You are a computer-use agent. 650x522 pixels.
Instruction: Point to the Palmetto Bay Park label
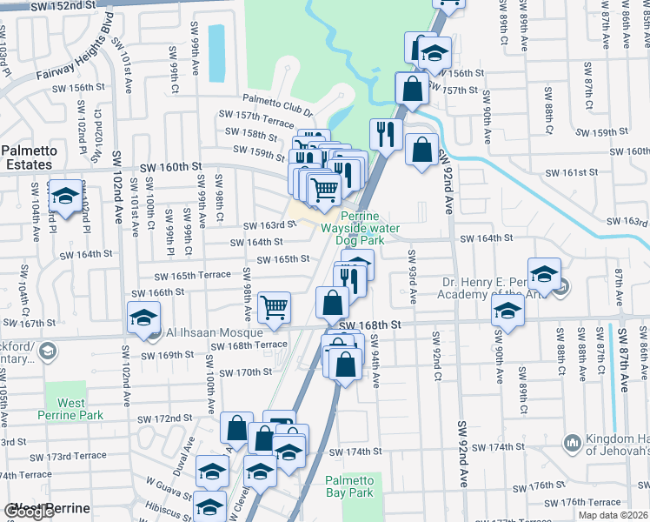(349, 486)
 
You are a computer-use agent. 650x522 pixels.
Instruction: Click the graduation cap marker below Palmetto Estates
(65, 196)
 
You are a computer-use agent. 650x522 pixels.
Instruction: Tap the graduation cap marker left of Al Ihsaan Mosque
(143, 317)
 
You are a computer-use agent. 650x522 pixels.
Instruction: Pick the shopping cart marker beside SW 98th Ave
(274, 306)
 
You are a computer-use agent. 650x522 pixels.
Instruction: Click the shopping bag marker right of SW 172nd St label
(236, 427)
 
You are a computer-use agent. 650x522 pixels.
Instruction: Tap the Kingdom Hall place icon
(572, 443)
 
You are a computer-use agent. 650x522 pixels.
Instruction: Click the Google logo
(29, 512)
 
